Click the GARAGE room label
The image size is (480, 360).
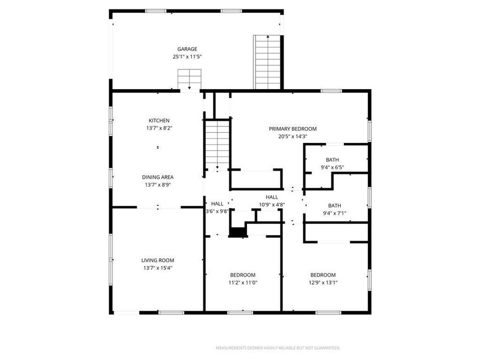(x=187, y=49)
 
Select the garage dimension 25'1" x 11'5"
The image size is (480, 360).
(x=187, y=56)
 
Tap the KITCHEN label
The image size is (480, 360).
(x=159, y=121)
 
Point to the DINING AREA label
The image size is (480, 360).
(x=157, y=177)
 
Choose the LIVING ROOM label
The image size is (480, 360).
(x=158, y=260)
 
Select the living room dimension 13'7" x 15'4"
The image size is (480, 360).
(x=158, y=268)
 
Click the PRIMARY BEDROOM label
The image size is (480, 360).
(x=293, y=129)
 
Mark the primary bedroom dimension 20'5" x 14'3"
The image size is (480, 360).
(x=293, y=137)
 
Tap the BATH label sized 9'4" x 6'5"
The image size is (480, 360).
(x=332, y=159)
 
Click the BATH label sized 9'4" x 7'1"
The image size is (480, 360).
(x=334, y=205)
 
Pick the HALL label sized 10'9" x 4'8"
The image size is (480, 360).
(x=272, y=197)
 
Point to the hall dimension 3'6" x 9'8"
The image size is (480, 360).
(x=217, y=211)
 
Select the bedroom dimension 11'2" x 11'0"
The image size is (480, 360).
(x=243, y=283)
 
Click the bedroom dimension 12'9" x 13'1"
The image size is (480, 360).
(x=323, y=283)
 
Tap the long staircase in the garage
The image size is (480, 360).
(x=268, y=62)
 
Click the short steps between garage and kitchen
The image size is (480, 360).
(x=189, y=79)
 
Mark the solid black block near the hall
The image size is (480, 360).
(x=238, y=232)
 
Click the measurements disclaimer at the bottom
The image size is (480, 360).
(x=278, y=348)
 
